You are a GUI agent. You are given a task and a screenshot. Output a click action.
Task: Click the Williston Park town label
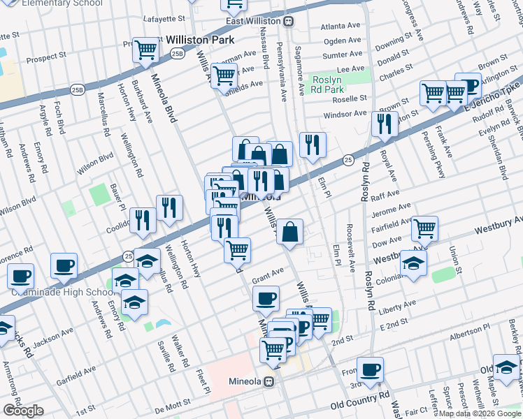pyautogui.click(x=199, y=41)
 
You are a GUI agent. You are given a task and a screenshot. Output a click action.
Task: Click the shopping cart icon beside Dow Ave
pyautogui.click(x=424, y=227)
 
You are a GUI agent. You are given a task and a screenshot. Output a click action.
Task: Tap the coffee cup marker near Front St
pyautogui.click(x=371, y=368)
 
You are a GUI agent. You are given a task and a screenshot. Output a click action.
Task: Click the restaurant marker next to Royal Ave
pyautogui.click(x=384, y=124)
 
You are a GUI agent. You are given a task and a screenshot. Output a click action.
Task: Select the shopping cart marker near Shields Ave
pyautogui.click(x=224, y=75)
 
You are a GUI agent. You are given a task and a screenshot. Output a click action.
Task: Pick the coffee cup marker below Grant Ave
pyautogui.click(x=265, y=298)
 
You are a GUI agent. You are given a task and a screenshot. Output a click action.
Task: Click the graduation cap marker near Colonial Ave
pyautogui.click(x=413, y=264)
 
